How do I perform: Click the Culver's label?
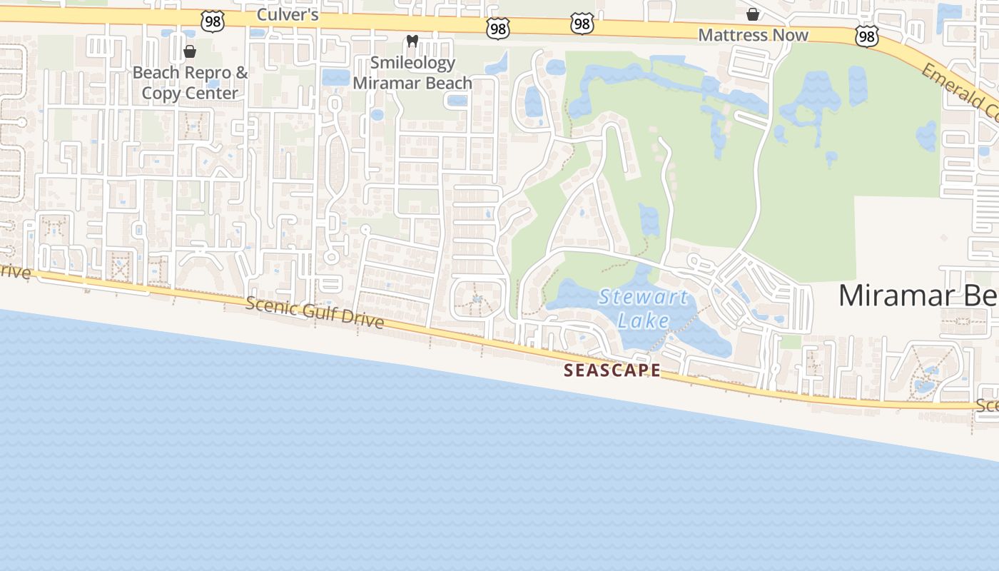tap(287, 15)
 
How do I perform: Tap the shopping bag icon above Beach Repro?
tap(190, 51)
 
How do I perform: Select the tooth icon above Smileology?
tap(412, 41)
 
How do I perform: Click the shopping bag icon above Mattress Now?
tap(753, 14)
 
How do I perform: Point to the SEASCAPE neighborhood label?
tap(612, 370)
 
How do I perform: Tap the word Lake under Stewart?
tap(644, 320)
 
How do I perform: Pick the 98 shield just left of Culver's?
tap(213, 21)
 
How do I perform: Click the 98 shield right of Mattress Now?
tap(866, 37)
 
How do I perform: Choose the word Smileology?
tap(412, 63)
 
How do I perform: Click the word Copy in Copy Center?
tap(160, 93)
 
